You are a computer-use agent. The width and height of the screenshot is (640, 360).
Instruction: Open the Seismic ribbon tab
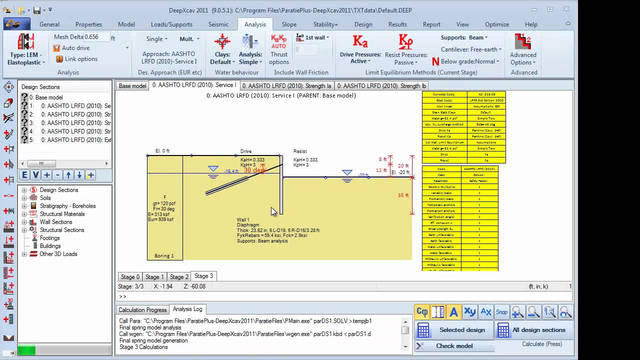point(218,24)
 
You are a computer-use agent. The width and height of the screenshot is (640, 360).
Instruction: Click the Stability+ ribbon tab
point(325,24)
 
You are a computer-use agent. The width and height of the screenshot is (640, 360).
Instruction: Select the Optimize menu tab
point(496,24)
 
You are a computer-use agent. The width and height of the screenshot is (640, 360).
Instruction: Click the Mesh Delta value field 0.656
point(97,37)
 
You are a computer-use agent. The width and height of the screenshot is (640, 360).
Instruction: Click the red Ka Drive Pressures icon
point(360,41)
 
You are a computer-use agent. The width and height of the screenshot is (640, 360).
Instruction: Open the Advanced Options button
point(522,50)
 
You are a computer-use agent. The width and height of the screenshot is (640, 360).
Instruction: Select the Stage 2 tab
point(179,277)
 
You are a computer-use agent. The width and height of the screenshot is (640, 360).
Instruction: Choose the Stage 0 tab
point(130,277)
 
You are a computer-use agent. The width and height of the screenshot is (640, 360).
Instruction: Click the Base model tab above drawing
point(132,86)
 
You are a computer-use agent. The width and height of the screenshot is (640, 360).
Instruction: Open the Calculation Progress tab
point(142,310)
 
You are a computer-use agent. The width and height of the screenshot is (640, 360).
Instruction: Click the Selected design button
point(454,330)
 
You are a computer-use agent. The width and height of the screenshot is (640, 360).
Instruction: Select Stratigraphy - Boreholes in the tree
point(67,206)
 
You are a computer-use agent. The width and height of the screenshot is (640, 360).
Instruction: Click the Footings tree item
point(50,238)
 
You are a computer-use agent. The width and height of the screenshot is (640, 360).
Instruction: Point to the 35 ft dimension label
point(403,195)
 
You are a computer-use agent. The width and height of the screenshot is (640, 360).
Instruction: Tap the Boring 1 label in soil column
point(164,256)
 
